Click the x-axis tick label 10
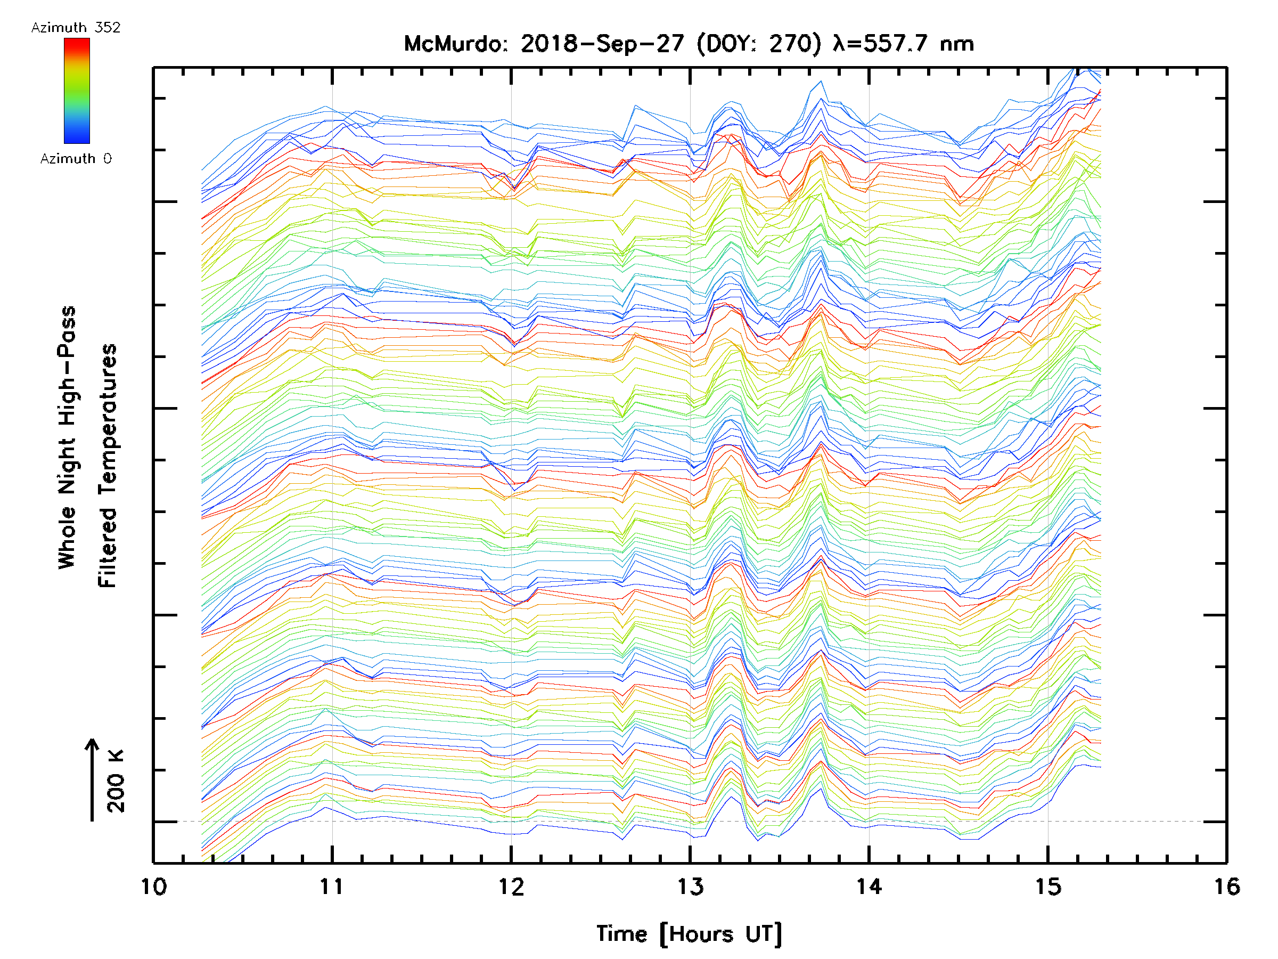(154, 887)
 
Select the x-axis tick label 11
(332, 887)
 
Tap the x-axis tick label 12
(511, 887)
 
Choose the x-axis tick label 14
(869, 887)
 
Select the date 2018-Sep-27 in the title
(602, 44)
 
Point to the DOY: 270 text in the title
(759, 44)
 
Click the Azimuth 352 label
(76, 28)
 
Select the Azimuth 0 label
(76, 159)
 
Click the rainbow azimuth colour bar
(77, 91)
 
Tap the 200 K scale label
(116, 781)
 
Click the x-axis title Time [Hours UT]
(689, 934)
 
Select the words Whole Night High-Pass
(67, 437)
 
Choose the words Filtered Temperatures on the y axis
(108, 466)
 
